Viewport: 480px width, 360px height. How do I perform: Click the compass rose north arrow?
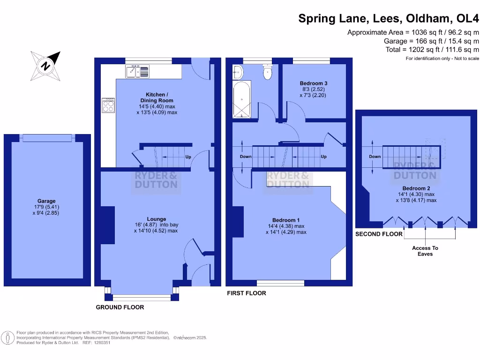point(46,65)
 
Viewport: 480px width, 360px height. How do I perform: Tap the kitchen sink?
point(137,72)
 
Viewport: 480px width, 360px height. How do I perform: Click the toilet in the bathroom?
point(268,72)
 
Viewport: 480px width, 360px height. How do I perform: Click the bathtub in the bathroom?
point(242,99)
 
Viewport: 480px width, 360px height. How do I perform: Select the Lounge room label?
point(156,218)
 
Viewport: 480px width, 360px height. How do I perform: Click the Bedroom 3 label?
point(313,83)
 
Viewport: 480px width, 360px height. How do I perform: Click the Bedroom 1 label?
point(286,220)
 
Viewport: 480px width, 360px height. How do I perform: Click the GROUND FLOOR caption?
point(120,307)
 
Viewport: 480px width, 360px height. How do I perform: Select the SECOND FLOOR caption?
point(379,234)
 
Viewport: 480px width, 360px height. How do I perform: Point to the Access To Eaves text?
point(425,251)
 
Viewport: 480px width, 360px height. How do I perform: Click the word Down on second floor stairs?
point(375,157)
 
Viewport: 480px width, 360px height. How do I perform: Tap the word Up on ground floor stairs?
point(188,157)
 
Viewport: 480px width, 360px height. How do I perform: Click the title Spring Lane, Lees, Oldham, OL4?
point(389,19)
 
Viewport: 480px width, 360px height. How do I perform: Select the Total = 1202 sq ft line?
point(437,49)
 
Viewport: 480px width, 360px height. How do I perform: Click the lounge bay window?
point(142,297)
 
